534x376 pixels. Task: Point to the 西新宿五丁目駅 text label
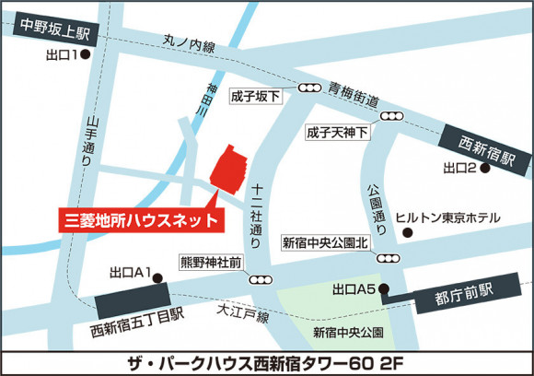(x=137, y=323)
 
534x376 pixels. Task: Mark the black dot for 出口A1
(x=157, y=275)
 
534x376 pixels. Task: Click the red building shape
(x=230, y=167)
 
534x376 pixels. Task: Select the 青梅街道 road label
(x=353, y=96)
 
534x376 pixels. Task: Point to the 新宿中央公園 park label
(x=347, y=331)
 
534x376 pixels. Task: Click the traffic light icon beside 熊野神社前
(x=262, y=279)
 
